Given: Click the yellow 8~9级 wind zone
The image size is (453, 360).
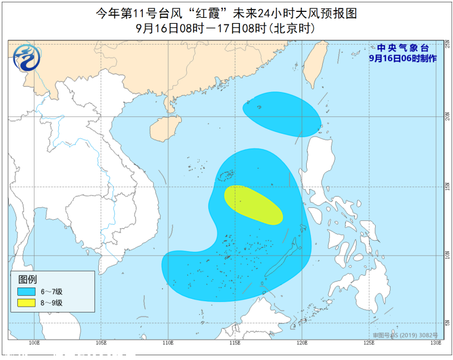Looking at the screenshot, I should [253, 205].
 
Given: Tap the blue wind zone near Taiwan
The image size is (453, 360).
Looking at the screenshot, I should [281, 113].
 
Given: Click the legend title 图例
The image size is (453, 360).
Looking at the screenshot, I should [27, 279].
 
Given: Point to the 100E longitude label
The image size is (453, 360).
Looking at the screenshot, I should [34, 343].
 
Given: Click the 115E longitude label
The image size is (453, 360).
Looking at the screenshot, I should [235, 343].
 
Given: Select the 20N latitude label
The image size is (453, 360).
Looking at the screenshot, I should [447, 117].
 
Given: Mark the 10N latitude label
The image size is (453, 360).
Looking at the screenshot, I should [447, 255].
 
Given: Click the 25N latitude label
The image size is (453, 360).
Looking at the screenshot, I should [447, 45].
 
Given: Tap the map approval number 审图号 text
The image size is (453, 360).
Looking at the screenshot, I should [404, 336].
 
